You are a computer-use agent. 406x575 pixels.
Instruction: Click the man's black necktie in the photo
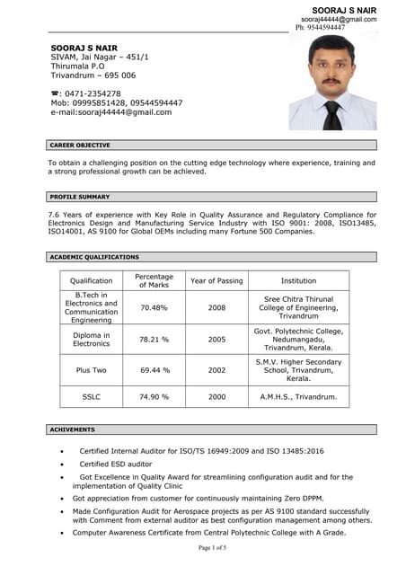click(331, 114)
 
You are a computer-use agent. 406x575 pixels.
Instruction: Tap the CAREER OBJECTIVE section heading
click(80, 145)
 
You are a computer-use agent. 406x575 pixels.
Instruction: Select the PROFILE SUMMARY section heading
click(80, 197)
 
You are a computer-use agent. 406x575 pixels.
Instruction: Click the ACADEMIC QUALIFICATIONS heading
click(94, 257)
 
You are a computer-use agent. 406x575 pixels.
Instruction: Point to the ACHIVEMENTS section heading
click(73, 429)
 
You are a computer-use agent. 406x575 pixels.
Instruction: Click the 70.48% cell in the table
click(154, 307)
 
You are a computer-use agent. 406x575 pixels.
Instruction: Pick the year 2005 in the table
click(216, 340)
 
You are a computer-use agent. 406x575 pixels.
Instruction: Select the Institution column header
click(298, 281)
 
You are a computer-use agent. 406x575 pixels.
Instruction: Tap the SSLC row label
click(92, 396)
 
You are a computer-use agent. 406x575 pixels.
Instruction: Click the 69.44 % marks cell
click(154, 369)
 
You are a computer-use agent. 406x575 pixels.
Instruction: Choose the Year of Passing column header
click(216, 281)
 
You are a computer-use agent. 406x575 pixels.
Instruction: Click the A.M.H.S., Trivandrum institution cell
click(298, 396)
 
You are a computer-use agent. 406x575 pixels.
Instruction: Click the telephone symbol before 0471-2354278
click(54, 93)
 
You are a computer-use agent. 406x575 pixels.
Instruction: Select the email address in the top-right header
click(339, 19)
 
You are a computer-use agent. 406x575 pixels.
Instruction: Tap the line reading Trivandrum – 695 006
click(93, 75)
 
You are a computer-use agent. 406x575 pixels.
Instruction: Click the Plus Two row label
click(92, 369)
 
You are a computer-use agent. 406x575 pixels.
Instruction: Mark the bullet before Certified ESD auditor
click(61, 464)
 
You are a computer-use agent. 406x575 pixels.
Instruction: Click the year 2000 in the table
click(216, 396)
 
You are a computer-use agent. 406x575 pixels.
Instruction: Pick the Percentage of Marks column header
click(154, 281)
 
